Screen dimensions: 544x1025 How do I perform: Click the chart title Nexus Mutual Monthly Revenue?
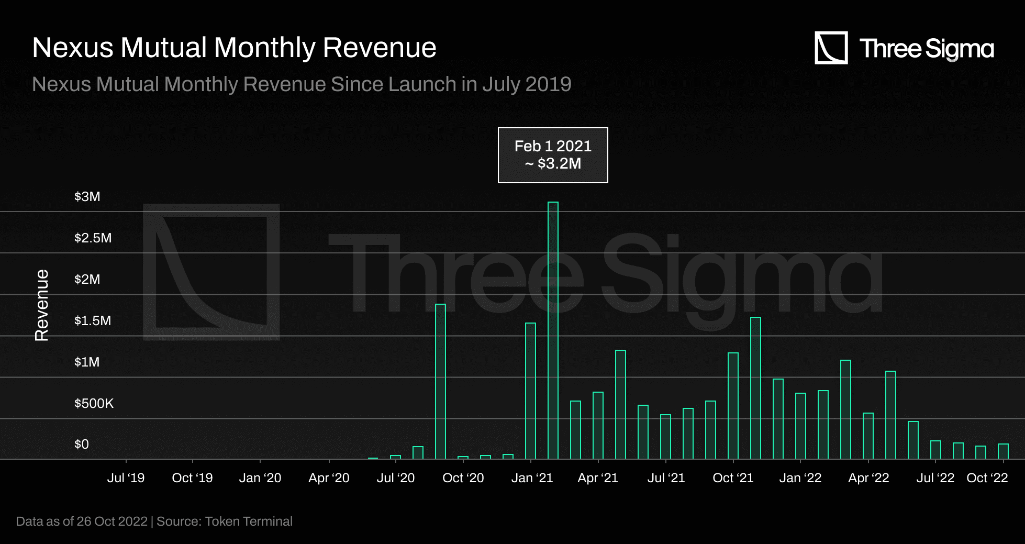point(234,48)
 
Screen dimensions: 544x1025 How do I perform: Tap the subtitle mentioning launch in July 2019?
point(302,84)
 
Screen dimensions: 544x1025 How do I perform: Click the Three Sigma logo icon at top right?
point(831,48)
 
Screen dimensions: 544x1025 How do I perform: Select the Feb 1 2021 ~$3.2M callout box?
point(553,155)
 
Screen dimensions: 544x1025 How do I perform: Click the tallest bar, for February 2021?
point(553,330)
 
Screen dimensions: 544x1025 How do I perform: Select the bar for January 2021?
point(530,391)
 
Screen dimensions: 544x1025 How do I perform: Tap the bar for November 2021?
point(755,387)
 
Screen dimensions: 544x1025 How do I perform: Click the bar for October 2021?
point(733,406)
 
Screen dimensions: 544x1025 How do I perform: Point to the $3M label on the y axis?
point(87,197)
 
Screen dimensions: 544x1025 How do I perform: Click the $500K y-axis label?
point(94,403)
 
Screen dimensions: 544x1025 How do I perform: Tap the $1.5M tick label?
point(93,320)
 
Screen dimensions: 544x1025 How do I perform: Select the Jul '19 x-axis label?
point(126,478)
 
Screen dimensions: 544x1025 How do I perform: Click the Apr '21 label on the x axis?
point(598,478)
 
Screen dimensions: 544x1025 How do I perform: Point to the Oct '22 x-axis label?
point(987,478)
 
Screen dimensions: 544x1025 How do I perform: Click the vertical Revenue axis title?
point(42,305)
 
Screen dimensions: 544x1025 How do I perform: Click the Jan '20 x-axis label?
point(260,478)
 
